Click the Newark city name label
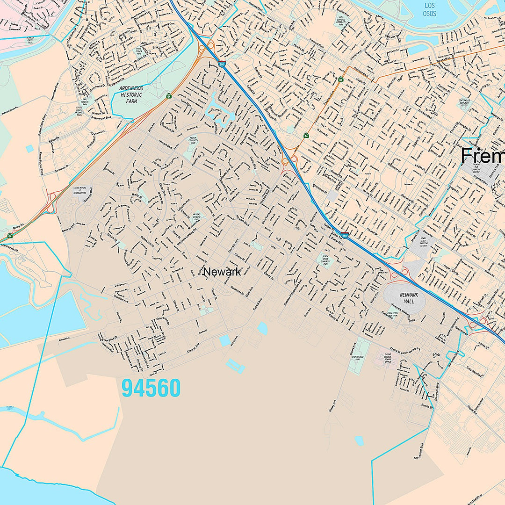(222, 272)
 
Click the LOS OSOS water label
(429, 10)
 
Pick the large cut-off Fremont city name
(482, 156)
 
